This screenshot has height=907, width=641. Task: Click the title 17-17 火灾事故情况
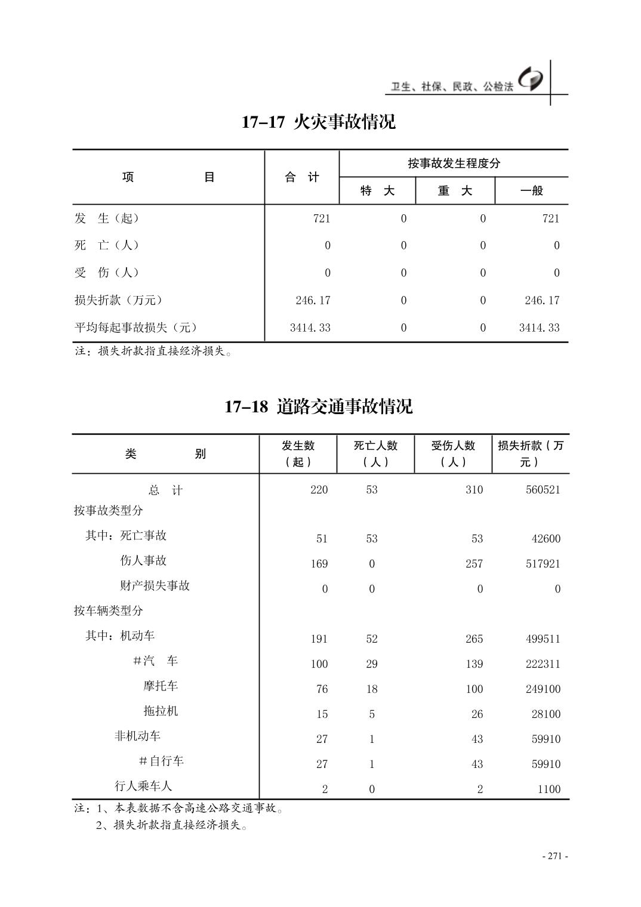(318, 122)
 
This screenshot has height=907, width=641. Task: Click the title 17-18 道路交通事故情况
(318, 407)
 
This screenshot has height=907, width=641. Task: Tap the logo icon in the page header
(531, 79)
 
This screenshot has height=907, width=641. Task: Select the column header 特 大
(377, 191)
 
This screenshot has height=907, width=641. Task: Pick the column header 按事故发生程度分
(454, 163)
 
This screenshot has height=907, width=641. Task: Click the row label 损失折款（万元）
(118, 300)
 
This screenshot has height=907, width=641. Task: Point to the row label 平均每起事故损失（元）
(135, 328)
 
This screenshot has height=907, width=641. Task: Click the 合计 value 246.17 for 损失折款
(313, 300)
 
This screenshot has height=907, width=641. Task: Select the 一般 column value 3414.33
(539, 328)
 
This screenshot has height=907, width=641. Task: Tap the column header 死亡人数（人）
(375, 453)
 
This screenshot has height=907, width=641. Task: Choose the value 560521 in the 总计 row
(543, 490)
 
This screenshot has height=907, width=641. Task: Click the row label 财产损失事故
(155, 585)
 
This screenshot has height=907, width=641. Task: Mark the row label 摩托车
(161, 686)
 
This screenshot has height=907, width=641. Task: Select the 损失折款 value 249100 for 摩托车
(543, 689)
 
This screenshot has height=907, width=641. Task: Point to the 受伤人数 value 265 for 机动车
(474, 639)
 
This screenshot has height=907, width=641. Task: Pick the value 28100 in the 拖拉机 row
(546, 714)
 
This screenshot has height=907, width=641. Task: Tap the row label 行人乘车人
(143, 786)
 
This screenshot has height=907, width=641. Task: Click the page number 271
(555, 856)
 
